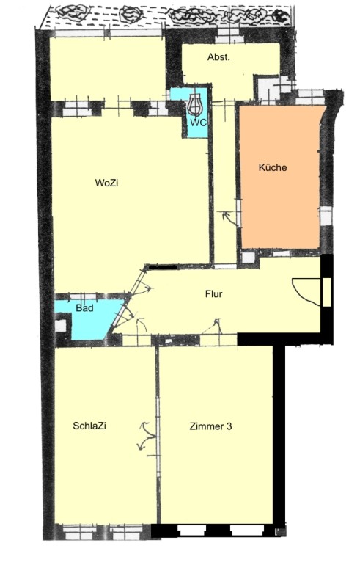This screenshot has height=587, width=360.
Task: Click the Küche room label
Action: tap(273, 167)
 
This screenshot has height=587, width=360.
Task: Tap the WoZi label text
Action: tap(106, 183)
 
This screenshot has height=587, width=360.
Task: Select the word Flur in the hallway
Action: tap(213, 294)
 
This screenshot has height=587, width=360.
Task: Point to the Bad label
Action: tap(84, 308)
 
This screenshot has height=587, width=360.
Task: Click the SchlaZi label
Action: tap(89, 426)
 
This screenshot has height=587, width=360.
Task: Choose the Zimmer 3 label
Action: tap(210, 426)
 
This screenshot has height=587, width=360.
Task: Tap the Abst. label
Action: tap(218, 57)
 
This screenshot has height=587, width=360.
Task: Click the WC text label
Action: tap(198, 123)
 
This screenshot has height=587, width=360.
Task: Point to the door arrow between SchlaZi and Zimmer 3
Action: tap(147, 436)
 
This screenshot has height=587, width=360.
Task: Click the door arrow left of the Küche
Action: tap(230, 218)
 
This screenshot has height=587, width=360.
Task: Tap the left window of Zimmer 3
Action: tap(191, 531)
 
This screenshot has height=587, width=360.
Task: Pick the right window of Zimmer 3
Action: tap(245, 531)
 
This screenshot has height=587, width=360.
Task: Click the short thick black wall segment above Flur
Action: tap(163, 267)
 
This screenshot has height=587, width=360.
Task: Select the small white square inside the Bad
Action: tap(60, 326)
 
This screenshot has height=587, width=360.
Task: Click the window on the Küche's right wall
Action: tap(326, 216)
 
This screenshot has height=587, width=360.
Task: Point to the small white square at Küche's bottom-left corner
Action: tap(248, 258)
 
